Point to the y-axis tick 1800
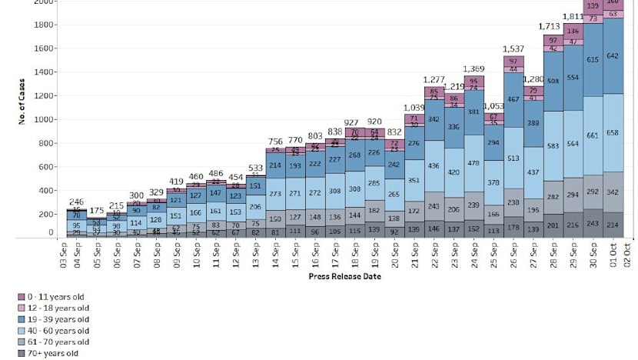[44, 25]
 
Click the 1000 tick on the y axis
[44, 119]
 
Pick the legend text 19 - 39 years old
[58, 318]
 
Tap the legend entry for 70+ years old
[52, 353]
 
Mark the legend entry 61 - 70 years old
[58, 342]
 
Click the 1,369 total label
[473, 69]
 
